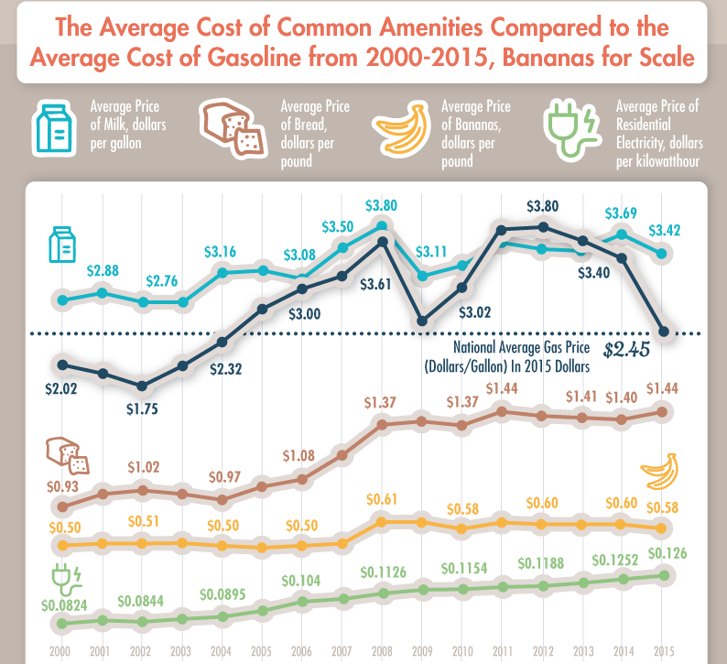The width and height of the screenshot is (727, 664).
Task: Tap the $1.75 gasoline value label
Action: tap(141, 408)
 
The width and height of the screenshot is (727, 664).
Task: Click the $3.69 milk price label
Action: tap(623, 213)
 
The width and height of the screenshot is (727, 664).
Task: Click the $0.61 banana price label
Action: tap(382, 499)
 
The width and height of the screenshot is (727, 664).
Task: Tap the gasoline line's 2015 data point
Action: tap(664, 332)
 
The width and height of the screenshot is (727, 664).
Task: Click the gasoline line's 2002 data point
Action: tap(143, 386)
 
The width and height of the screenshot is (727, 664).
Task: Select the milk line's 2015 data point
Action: tap(664, 254)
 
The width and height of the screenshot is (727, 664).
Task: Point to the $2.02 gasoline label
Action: tap(61, 388)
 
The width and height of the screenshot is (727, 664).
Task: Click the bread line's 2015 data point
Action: tap(664, 411)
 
